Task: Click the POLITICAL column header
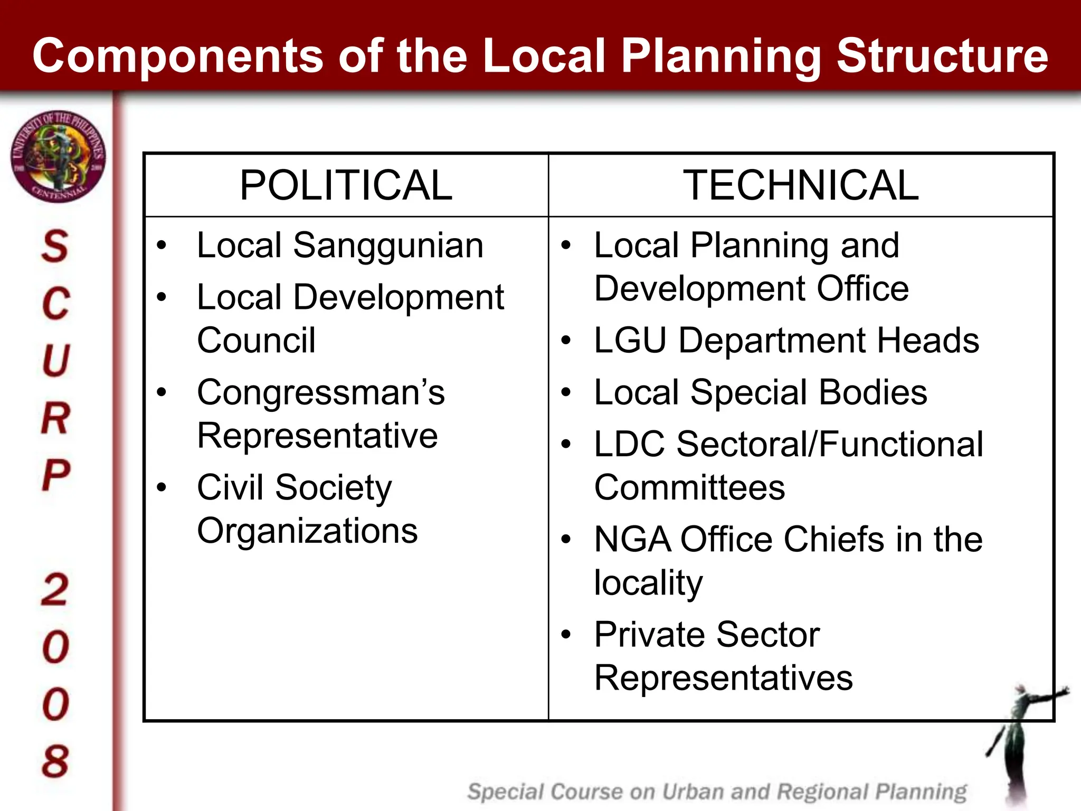tap(346, 185)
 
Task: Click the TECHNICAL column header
tap(801, 185)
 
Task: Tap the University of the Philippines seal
tap(58, 157)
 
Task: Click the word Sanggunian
tap(388, 246)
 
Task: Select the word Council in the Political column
tap(256, 341)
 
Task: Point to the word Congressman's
tap(321, 393)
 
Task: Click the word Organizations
tap(307, 531)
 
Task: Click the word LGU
tap(630, 341)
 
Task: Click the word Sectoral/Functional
tap(830, 444)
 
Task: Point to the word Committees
tap(689, 487)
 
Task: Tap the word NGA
tap(632, 540)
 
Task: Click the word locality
tap(648, 583)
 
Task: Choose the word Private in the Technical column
tap(650, 634)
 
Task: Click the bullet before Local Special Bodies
tap(566, 392)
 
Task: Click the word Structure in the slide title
tap(942, 56)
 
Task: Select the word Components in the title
tap(177, 56)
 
